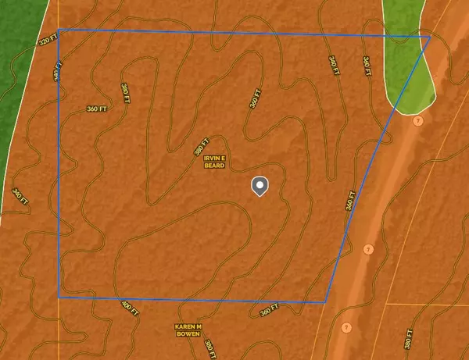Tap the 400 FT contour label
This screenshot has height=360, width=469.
(130, 308)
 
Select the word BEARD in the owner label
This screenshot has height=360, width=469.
(216, 166)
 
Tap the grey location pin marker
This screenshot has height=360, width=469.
(260, 186)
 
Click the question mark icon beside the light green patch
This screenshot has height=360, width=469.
(417, 121)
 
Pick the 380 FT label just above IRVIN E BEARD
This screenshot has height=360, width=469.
(201, 143)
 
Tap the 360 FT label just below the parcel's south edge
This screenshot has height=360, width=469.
(269, 311)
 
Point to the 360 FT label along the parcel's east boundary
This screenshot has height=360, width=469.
(351, 201)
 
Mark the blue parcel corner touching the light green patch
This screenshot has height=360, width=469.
(430, 37)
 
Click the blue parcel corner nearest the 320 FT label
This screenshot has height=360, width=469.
(59, 30)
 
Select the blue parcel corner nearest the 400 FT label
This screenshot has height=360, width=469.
(59, 297)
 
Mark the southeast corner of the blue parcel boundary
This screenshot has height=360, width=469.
(325, 301)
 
